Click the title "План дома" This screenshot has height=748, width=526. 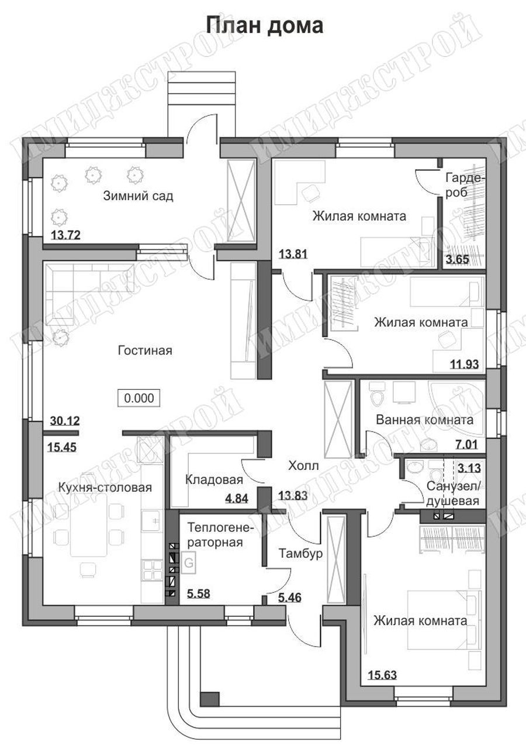265,26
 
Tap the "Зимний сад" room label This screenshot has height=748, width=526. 138,195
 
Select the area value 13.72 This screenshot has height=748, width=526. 65,235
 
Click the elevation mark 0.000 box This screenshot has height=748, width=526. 139,398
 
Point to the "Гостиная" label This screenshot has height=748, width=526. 145,350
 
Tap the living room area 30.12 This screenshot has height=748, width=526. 65,421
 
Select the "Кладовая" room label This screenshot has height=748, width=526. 214,480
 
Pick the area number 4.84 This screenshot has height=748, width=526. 237,499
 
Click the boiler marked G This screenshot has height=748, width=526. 189,563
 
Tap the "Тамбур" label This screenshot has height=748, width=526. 300,554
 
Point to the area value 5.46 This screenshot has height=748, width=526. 290,598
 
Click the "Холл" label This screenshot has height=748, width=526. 303,465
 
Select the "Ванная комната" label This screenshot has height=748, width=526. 425,420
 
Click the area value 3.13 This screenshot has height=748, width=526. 469,468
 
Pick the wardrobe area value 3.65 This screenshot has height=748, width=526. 458,259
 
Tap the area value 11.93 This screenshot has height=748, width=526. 465,364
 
